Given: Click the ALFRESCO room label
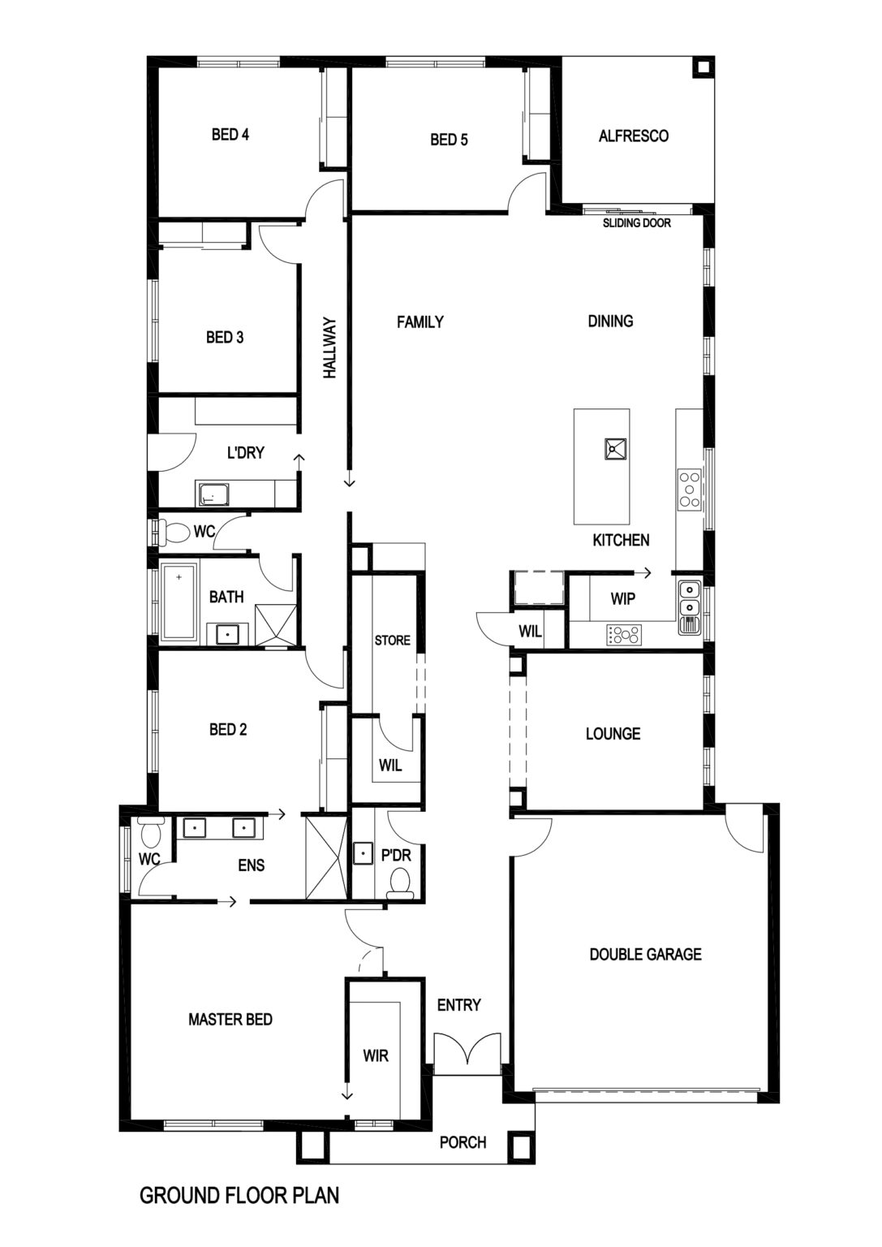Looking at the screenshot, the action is tap(633, 136).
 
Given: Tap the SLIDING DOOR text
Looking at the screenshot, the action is tap(637, 223).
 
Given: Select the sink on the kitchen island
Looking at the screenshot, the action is tap(615, 449).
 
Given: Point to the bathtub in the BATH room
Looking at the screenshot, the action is tap(179, 602).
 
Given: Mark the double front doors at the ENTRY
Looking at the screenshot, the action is tap(468, 1049).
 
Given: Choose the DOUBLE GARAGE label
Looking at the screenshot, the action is tap(646, 955).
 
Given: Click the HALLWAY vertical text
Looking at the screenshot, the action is tap(330, 348).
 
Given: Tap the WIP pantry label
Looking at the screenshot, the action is tap(622, 599).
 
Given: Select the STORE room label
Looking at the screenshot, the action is tap(392, 641).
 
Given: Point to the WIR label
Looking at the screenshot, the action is tap(376, 1055).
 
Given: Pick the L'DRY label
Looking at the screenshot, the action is tap(245, 452).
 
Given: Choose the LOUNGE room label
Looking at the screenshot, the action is tap(613, 734).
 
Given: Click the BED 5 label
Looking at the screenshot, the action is tap(449, 140).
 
